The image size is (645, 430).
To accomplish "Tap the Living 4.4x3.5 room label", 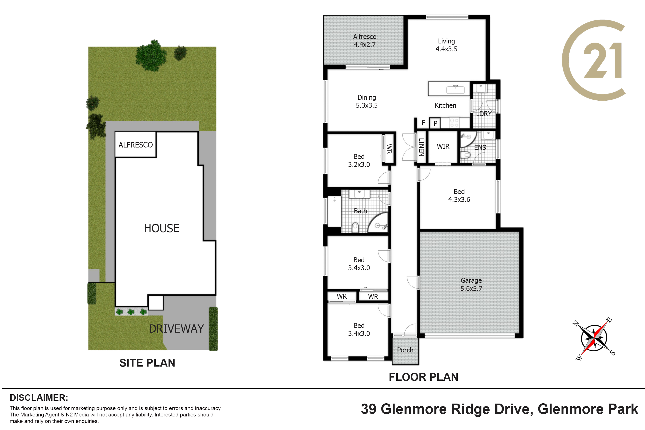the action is (x=447, y=45).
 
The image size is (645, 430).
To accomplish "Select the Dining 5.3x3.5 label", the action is (x=367, y=101).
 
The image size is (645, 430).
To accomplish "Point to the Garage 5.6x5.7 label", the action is (x=471, y=284).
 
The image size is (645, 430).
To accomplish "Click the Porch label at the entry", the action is (x=405, y=350).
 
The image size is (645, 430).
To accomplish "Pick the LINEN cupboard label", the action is (x=422, y=147).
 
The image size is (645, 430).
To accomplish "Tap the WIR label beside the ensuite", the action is (x=443, y=146).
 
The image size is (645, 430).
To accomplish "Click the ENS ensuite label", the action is (x=480, y=148).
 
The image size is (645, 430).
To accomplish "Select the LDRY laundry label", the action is (x=484, y=114).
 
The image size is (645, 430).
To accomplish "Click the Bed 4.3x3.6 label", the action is (x=459, y=196).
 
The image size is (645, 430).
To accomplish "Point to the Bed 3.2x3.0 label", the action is (x=359, y=160).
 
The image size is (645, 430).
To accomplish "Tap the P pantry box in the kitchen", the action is (x=435, y=123).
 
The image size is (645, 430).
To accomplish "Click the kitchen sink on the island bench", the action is (x=456, y=89).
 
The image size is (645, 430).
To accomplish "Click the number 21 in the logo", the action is (x=602, y=60).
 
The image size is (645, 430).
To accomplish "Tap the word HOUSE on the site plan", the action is (x=162, y=228).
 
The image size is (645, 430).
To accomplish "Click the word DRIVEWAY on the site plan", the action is (x=176, y=329).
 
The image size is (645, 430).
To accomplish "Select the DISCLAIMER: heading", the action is (x=39, y=398).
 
